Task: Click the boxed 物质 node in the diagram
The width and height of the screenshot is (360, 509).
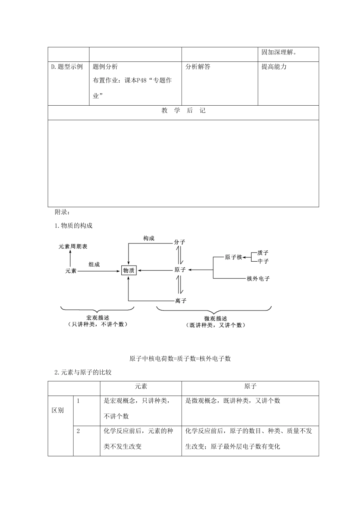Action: click(x=129, y=270)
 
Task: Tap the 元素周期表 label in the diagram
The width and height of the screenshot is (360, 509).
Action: click(x=73, y=247)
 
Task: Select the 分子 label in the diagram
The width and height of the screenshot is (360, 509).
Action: click(x=179, y=242)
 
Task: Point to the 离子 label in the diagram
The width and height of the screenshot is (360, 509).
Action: click(x=181, y=301)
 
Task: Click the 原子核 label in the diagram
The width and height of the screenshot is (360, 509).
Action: click(x=233, y=257)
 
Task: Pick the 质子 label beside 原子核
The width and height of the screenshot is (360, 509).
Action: click(x=263, y=253)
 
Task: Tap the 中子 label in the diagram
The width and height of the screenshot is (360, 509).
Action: click(x=263, y=261)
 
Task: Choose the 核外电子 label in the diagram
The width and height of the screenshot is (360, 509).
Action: click(x=258, y=279)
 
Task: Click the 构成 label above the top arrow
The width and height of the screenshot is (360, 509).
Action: click(x=149, y=239)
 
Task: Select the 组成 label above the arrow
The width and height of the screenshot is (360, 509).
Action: click(x=94, y=264)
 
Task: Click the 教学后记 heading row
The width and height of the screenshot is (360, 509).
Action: click(x=183, y=111)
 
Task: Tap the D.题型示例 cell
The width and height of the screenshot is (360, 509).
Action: click(x=67, y=67)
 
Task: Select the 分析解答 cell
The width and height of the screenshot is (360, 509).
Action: click(x=198, y=67)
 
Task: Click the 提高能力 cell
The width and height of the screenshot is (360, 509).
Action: click(x=274, y=67)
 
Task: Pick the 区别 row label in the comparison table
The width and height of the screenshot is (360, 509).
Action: click(x=58, y=411)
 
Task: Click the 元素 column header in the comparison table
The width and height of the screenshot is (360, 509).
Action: click(x=141, y=386)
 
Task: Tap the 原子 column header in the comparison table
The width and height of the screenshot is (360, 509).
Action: click(x=250, y=386)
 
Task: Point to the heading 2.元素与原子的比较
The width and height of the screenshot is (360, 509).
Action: click(x=83, y=372)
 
